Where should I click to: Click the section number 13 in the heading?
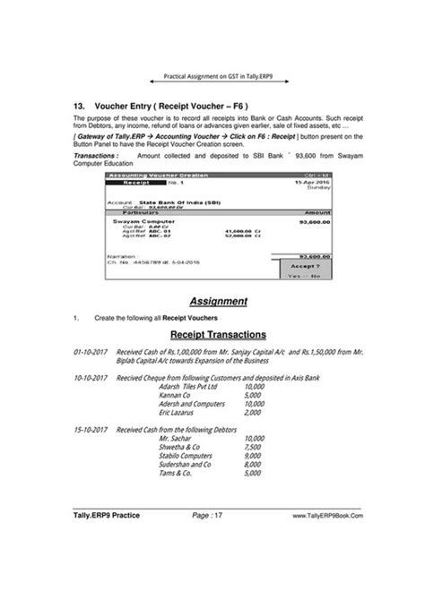tap(80, 105)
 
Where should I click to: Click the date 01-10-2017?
tap(91, 353)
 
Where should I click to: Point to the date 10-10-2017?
tap(91, 379)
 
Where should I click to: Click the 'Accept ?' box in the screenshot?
tap(307, 266)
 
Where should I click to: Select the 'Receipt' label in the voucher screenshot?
tap(134, 182)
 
